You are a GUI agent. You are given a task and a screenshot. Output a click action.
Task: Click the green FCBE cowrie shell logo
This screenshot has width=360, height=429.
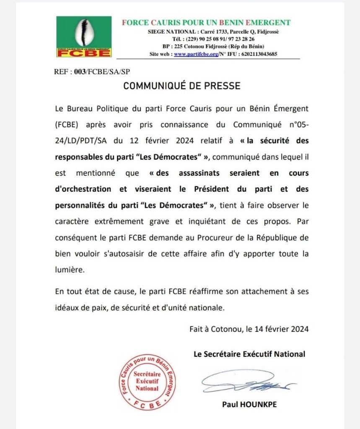point(84,36)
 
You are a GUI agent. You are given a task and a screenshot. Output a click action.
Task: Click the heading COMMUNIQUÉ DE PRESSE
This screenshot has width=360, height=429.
point(181,86)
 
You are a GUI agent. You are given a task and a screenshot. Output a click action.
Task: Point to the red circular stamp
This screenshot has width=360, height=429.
point(146,382)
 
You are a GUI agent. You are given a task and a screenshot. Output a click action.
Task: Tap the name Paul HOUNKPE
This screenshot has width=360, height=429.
point(249,405)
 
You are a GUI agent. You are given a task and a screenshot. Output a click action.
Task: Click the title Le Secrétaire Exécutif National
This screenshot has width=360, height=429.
point(249,354)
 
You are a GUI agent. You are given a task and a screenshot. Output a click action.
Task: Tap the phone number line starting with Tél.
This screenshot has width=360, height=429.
point(213,39)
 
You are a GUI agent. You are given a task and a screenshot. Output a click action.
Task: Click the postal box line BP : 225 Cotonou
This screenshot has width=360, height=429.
point(213,47)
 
